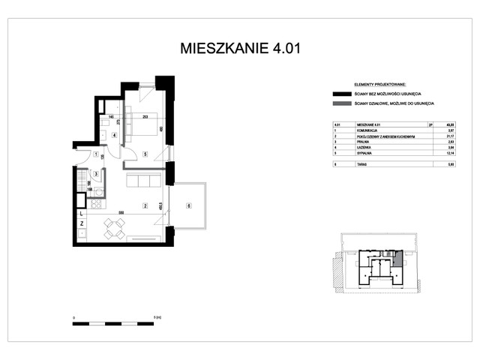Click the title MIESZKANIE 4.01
click(x=241, y=49)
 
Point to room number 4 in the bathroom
click(x=114, y=136)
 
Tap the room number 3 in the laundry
click(x=96, y=174)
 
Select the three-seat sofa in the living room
click(x=142, y=181)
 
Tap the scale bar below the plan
click(x=113, y=323)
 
